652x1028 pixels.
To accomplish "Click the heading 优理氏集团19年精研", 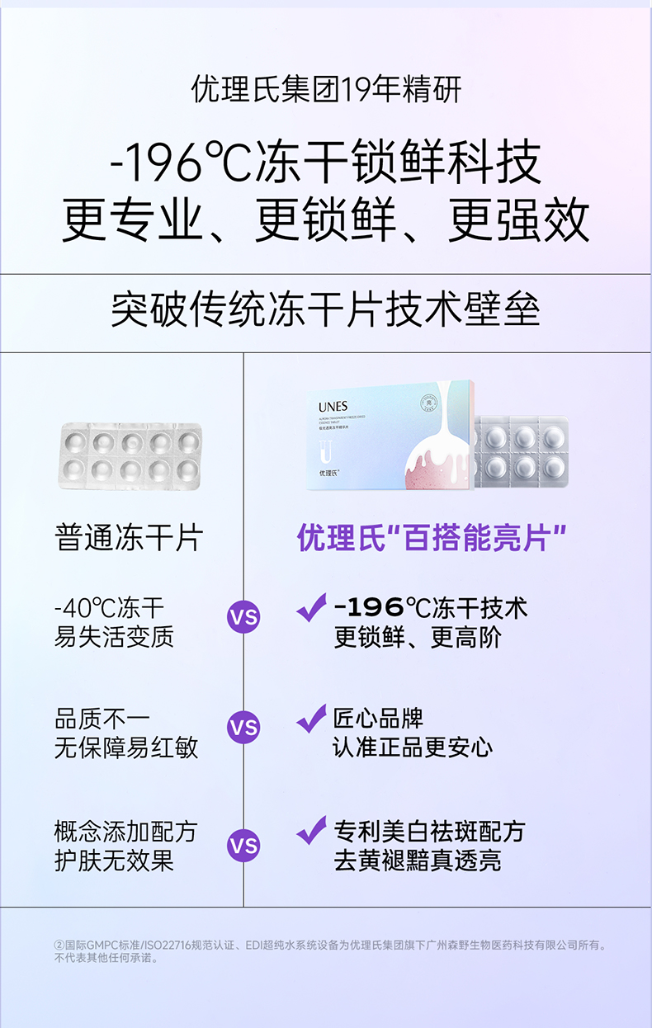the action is point(326,89).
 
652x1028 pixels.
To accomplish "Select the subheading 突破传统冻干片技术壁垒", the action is point(326,311).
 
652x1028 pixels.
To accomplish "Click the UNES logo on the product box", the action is point(333,406).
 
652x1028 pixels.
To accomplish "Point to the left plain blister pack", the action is point(130,456).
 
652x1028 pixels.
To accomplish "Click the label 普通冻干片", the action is point(129,538).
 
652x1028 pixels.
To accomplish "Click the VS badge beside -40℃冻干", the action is point(243,616).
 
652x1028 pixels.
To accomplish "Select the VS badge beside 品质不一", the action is point(243,728).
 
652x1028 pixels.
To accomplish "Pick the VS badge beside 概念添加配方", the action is point(243,846).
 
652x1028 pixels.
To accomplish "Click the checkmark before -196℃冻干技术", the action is point(312,607).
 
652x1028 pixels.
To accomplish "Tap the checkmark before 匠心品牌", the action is point(312,718).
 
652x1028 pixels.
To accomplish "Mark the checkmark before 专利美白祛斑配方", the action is point(312,830).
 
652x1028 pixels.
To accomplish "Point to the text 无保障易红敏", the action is point(126,748).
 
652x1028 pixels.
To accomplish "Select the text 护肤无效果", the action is point(114,861).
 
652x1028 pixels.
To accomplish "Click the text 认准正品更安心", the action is point(413,748).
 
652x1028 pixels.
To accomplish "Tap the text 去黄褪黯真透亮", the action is point(417,861).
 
